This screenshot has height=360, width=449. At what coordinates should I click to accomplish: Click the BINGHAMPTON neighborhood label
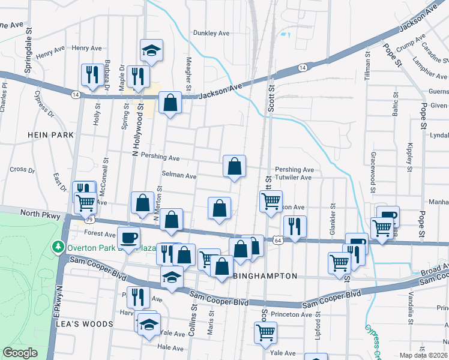[x=265, y=276]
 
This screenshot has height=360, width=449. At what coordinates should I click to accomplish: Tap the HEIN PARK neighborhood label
[x=50, y=135]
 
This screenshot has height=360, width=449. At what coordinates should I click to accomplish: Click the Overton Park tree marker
[x=58, y=247]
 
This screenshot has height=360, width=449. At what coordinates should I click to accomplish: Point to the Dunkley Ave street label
[x=211, y=34]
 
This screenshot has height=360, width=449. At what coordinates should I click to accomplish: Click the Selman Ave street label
[x=179, y=176]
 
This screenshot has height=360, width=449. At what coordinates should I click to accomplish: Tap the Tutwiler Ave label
[x=294, y=178]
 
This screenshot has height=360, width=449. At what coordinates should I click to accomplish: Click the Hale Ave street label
[x=170, y=347]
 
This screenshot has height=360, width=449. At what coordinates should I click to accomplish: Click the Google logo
[x=20, y=353]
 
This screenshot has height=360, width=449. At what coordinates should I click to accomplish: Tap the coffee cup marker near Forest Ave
[x=128, y=237]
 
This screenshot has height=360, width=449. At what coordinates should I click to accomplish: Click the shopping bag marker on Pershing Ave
[x=234, y=166]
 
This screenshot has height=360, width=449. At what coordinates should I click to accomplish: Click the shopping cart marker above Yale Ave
[x=265, y=332]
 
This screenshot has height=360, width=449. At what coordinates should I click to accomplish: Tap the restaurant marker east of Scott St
[x=295, y=226]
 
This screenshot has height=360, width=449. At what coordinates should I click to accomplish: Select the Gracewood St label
[x=373, y=167]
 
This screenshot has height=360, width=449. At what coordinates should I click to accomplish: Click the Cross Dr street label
[x=22, y=170]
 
